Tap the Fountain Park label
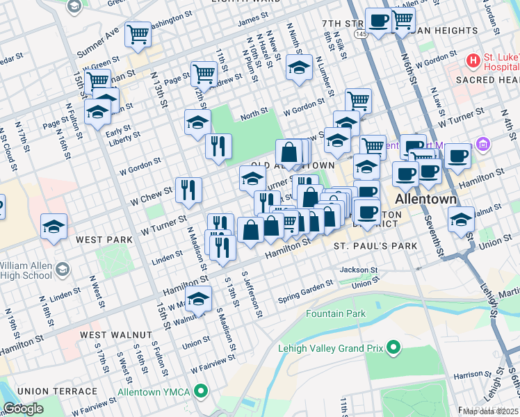point(336,314)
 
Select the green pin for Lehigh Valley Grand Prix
point(393,346)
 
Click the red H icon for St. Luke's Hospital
point(473,61)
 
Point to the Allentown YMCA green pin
point(202,392)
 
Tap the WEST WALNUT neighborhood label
point(115,335)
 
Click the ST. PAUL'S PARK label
point(375,246)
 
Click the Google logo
point(23,409)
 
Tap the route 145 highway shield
point(362,33)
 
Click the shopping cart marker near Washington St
point(138,33)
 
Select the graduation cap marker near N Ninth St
point(299,68)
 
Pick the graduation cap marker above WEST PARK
point(54,227)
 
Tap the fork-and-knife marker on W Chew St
point(188,189)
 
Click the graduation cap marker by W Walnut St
point(199,300)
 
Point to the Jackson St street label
point(359,270)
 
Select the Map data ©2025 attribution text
point(490,411)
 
